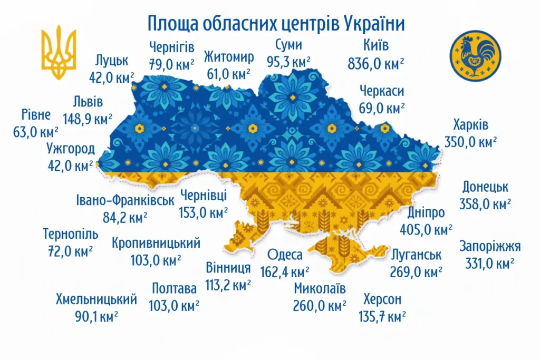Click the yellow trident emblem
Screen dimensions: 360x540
[59, 53]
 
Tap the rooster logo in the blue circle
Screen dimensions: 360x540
[475, 55]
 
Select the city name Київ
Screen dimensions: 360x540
[376, 46]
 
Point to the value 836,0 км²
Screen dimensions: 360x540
[376, 64]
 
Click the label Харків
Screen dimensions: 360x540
[470, 126]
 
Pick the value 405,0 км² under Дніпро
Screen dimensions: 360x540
[430, 229]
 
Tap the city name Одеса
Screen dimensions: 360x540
[285, 255]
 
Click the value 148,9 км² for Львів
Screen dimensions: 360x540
[87, 119]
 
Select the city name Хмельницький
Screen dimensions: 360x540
[97, 299]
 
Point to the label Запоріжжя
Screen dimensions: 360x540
[490, 246]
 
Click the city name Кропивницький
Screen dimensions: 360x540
[156, 243]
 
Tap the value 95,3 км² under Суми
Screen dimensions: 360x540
[288, 62]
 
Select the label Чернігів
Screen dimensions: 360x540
[171, 46]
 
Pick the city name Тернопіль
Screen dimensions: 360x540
[71, 233]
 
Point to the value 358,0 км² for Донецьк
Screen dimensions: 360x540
[486, 204]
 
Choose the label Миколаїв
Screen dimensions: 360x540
[320, 288]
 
